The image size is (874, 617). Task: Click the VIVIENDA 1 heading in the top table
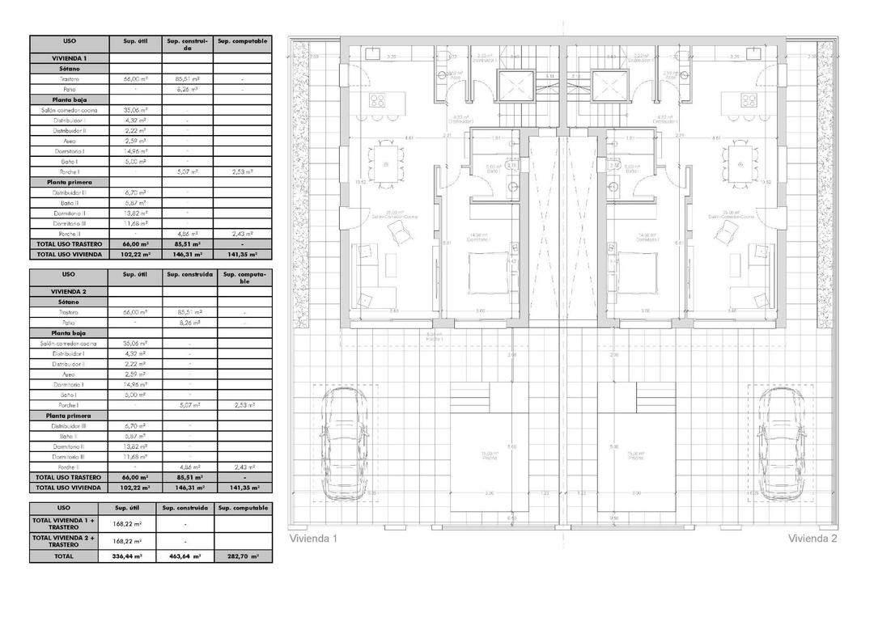[69, 59]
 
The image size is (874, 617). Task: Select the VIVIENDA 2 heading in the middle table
[69, 291]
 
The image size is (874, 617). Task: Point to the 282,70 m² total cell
[243, 556]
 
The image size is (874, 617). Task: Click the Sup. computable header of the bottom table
[243, 508]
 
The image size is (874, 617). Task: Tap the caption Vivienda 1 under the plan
[312, 538]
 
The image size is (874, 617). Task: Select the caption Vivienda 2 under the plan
[812, 538]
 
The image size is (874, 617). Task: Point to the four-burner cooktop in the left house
[379, 100]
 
